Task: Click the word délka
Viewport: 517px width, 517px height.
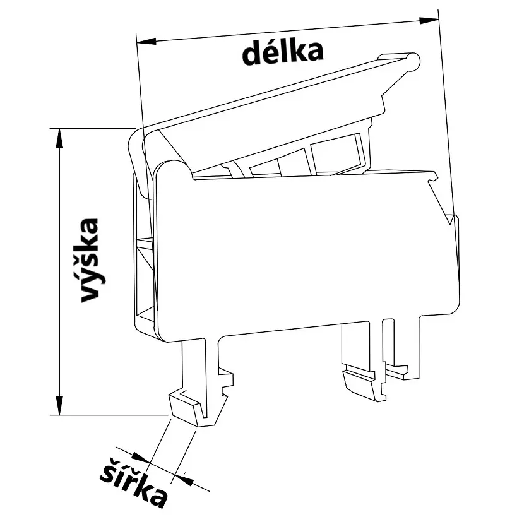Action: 283,52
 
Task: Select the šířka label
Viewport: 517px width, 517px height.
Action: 134,481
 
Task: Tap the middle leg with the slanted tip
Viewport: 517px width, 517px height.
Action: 362,381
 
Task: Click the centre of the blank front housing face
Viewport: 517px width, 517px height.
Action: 303,253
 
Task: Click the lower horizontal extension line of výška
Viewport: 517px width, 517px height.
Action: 107,415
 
